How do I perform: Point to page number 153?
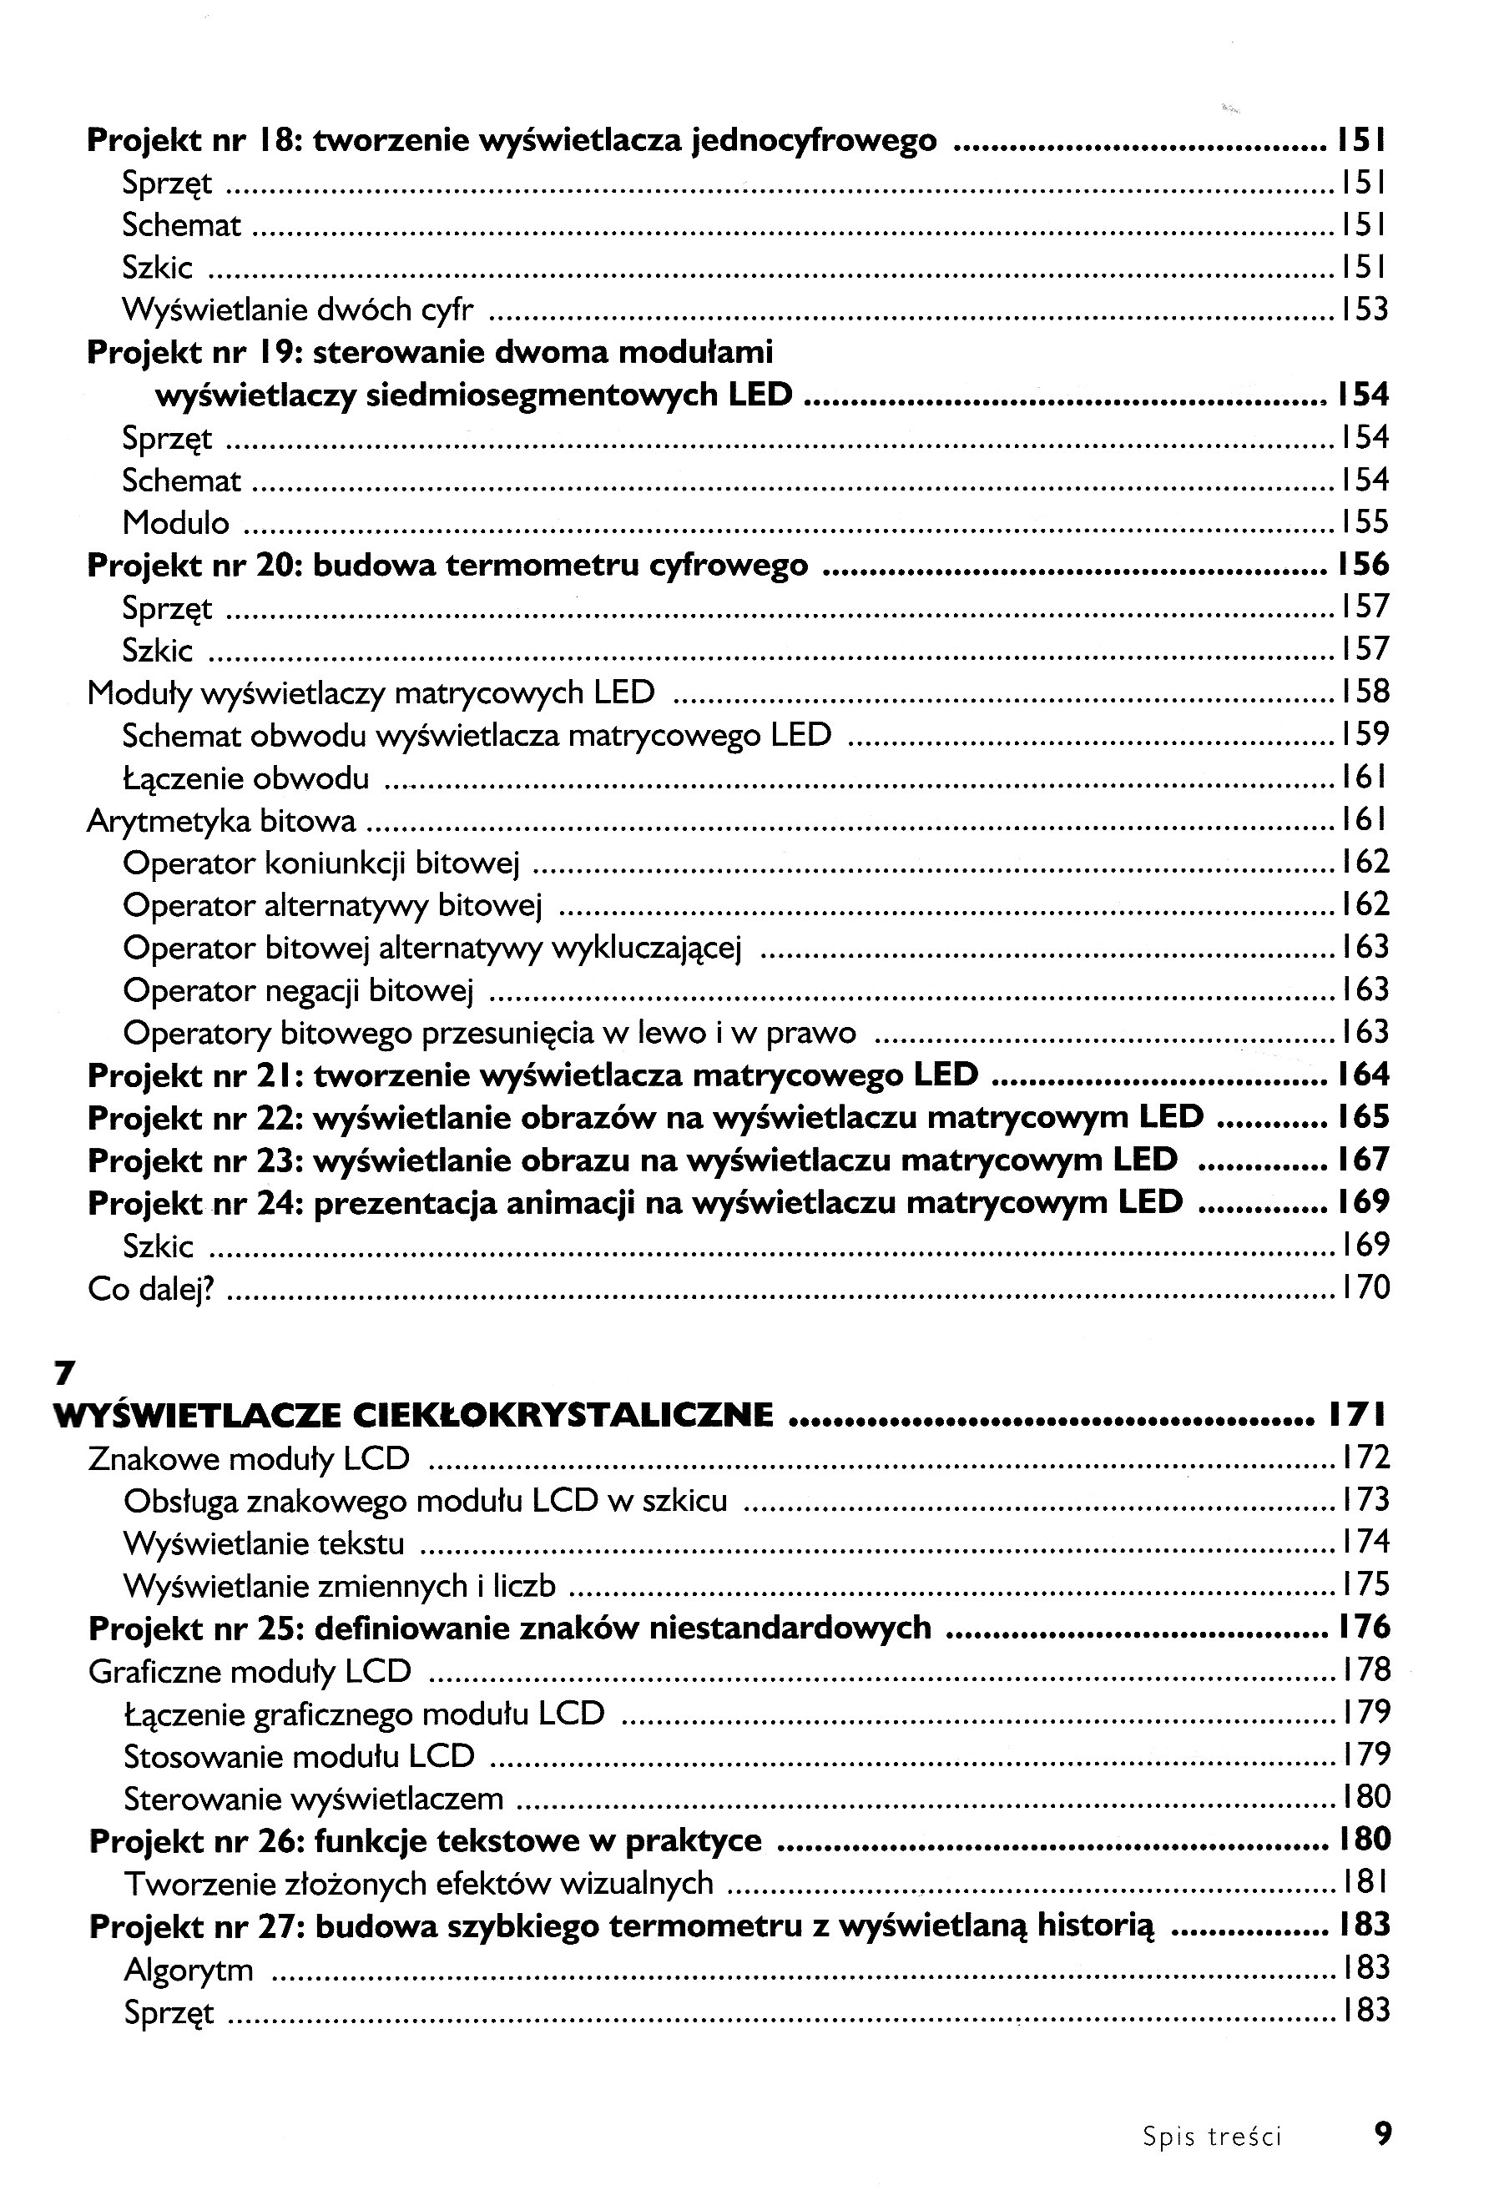pos(1365,310)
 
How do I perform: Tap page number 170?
pos(1365,1287)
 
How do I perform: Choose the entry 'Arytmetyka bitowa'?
pos(221,821)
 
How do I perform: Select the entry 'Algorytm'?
pos(189,1970)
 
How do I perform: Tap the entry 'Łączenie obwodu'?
pos(245,779)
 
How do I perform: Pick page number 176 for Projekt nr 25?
pos(1365,1627)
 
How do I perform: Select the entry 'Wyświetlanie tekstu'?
pos(265,1543)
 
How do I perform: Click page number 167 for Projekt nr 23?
pos(1365,1160)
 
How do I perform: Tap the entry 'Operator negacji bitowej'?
pos(298,990)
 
